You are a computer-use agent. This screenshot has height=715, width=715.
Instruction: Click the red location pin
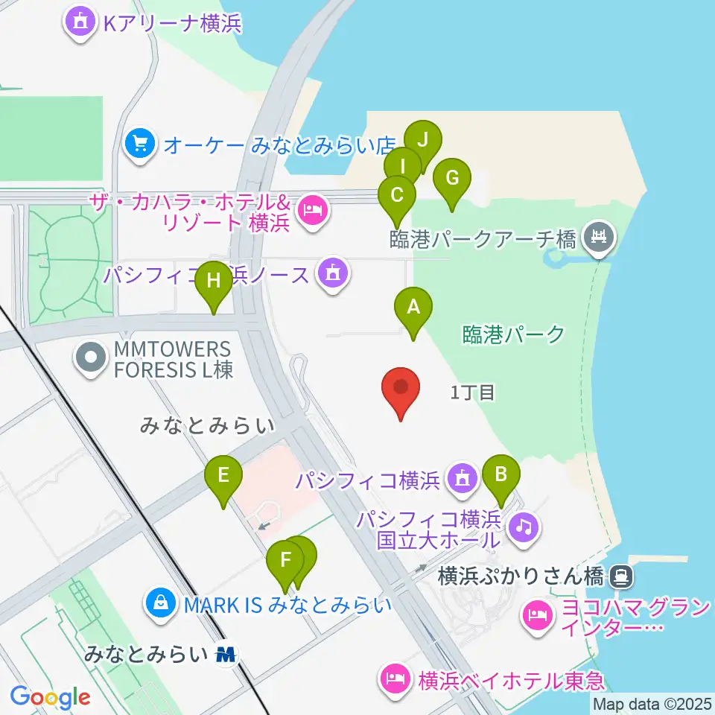[401, 390]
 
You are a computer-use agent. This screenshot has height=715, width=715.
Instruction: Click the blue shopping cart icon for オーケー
[140, 142]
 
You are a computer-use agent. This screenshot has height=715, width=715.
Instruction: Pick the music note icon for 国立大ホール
[524, 527]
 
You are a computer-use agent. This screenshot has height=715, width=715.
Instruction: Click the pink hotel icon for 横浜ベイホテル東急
[395, 678]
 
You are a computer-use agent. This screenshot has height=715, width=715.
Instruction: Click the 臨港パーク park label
[513, 334]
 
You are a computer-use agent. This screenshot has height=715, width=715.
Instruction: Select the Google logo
[50, 697]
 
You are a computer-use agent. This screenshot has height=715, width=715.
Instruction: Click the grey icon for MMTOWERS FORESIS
[91, 359]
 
